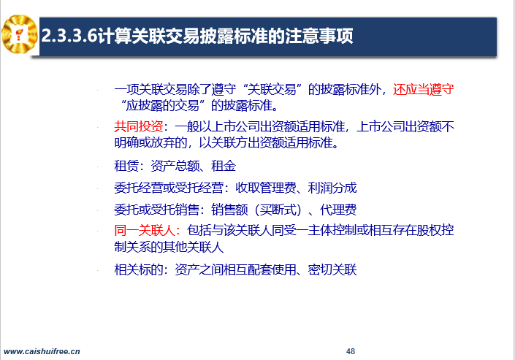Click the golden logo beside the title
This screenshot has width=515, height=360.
19,34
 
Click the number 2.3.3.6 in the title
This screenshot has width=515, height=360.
69,36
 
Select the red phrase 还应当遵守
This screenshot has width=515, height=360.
424,89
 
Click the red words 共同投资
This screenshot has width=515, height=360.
139,126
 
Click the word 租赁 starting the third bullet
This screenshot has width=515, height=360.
126,166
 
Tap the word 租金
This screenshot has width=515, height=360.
224,166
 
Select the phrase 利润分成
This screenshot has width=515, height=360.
332,188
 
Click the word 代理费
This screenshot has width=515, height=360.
338,210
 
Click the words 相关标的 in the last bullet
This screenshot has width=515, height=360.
139,269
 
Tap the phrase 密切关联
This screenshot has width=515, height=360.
332,269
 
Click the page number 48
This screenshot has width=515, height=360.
351,351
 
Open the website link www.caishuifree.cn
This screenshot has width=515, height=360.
42,351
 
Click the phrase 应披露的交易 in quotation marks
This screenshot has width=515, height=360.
163,105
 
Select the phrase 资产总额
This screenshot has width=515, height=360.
175,166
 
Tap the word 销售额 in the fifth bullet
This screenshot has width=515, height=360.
229,210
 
